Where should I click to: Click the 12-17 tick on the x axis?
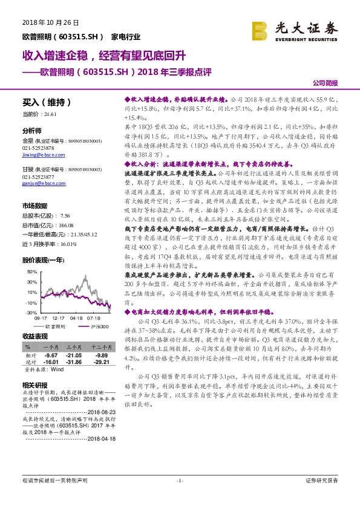point(59,317)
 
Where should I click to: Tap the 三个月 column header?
point(74,347)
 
